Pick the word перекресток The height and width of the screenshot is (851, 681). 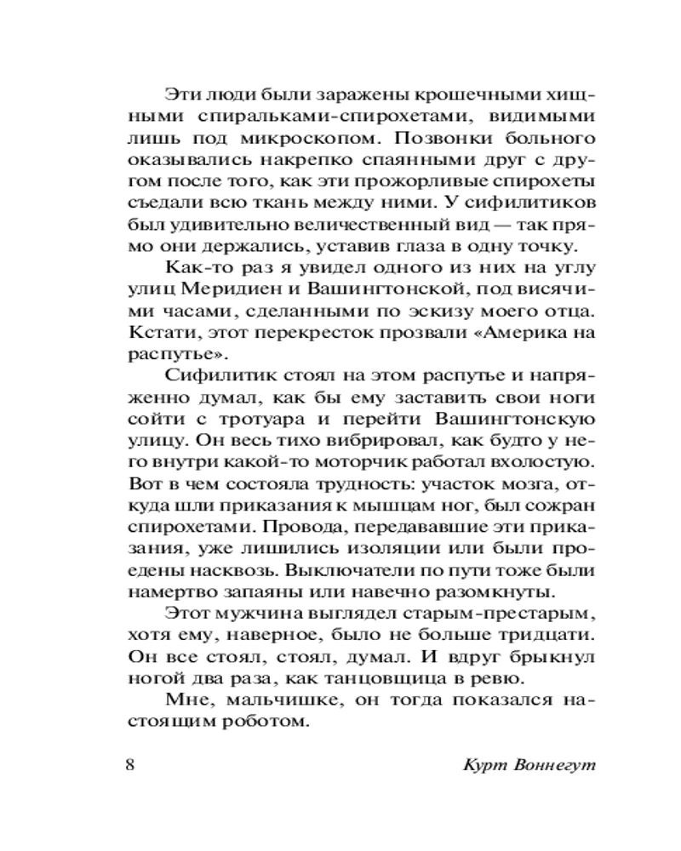pos(287,335)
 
